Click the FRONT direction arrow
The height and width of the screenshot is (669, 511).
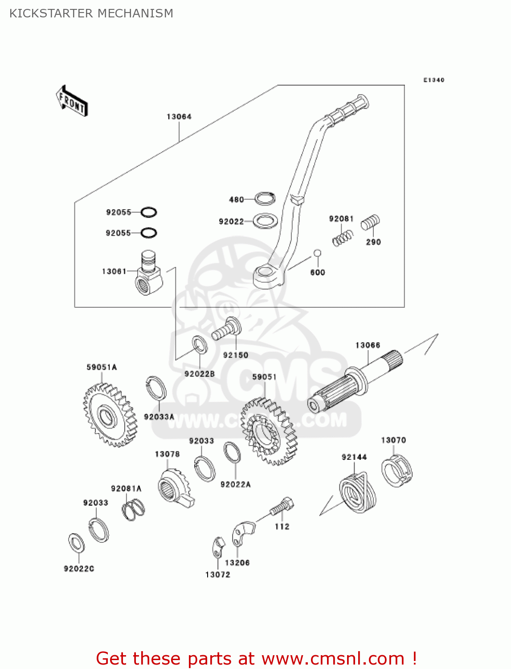[72, 101]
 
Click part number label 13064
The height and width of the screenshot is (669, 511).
[179, 117]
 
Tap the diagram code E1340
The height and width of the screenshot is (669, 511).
[433, 80]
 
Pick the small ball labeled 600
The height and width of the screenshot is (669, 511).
[317, 253]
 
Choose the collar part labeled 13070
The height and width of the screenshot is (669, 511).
[397, 471]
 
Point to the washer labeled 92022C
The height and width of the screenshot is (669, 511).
[77, 542]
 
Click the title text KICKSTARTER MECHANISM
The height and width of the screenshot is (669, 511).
[91, 13]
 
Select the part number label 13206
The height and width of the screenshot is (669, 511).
[237, 563]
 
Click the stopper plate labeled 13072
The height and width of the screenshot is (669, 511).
[218, 547]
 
